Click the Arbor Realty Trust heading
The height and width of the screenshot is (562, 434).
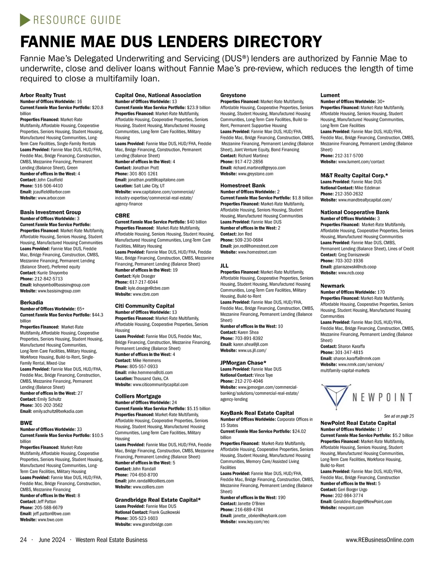click(x=43, y=95)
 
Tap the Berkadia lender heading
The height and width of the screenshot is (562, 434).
click(x=31, y=303)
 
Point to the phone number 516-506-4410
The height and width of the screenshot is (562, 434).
click(x=48, y=186)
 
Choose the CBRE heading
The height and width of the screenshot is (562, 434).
click(x=122, y=216)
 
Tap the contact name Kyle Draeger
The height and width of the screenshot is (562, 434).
click(x=144, y=276)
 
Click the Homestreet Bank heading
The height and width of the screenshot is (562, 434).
click(x=243, y=186)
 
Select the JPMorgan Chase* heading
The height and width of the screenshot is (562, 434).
click(x=243, y=363)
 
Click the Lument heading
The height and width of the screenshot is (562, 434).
click(x=330, y=95)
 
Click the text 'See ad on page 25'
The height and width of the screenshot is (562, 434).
click(x=399, y=416)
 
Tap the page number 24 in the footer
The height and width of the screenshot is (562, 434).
click(x=24, y=540)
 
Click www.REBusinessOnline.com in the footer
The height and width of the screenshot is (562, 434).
click(x=379, y=540)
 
